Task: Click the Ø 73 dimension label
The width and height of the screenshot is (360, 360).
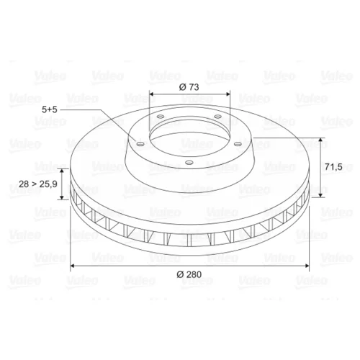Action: [189, 87]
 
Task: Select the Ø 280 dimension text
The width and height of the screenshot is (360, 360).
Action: [189, 274]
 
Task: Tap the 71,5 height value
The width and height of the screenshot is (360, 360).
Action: [333, 166]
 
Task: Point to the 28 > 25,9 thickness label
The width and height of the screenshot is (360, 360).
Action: [38, 184]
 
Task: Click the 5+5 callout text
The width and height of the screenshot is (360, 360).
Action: [50, 109]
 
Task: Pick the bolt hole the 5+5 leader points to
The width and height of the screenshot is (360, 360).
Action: [140, 144]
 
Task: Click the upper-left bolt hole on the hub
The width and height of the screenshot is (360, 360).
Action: [160, 117]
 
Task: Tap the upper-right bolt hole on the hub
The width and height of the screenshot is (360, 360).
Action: [217, 117]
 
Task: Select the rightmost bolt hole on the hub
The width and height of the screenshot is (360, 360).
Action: [238, 144]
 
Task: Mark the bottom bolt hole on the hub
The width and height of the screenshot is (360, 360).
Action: [189, 163]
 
